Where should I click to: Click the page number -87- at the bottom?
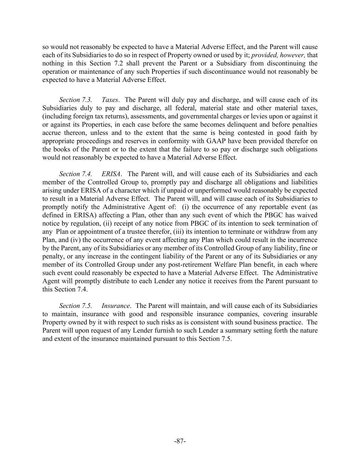pos(180,441)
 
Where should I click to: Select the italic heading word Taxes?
pos(110,100)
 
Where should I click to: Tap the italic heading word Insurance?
pos(116,306)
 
